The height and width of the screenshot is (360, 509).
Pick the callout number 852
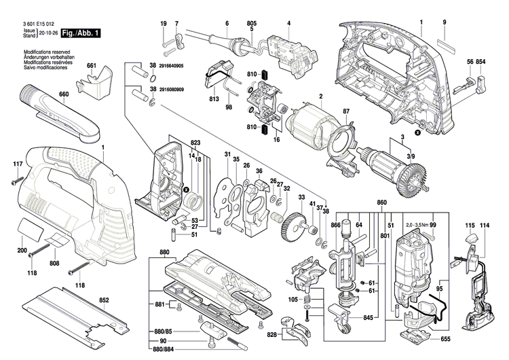104,300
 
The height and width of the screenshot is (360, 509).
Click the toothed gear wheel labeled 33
292,226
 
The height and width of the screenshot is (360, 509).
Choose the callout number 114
485,225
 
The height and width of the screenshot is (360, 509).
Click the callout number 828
271,336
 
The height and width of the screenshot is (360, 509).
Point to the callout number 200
22,251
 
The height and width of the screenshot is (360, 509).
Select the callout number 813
214,99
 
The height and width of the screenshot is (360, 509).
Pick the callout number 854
480,62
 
